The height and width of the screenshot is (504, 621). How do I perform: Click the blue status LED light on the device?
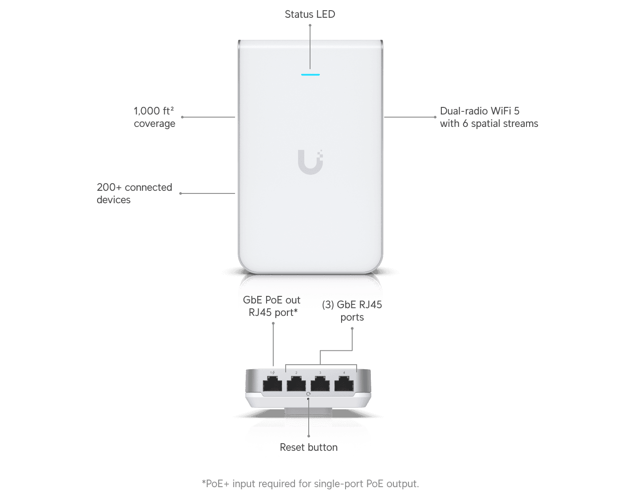(310, 75)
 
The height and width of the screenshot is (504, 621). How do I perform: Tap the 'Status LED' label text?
(310, 14)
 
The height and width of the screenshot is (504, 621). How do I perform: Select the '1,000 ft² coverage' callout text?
(154, 117)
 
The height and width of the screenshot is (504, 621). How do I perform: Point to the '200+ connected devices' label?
(134, 193)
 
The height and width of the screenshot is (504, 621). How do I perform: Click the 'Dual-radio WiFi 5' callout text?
(480, 111)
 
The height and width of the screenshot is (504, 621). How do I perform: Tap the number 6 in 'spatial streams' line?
(465, 123)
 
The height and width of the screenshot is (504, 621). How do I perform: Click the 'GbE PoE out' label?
(271, 300)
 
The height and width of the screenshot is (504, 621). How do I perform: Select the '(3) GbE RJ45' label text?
(353, 304)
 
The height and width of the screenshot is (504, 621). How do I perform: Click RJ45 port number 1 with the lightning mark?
(272, 384)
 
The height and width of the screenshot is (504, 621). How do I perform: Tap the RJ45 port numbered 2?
(296, 384)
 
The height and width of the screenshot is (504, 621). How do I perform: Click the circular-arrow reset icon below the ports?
(309, 394)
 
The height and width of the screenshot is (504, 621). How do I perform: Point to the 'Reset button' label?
(309, 448)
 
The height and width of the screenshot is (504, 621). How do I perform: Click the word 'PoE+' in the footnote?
(216, 484)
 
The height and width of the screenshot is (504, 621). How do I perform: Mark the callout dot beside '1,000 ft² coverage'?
(182, 117)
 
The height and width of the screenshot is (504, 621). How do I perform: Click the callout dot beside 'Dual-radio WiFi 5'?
(435, 117)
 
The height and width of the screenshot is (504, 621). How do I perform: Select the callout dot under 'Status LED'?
(310, 25)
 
